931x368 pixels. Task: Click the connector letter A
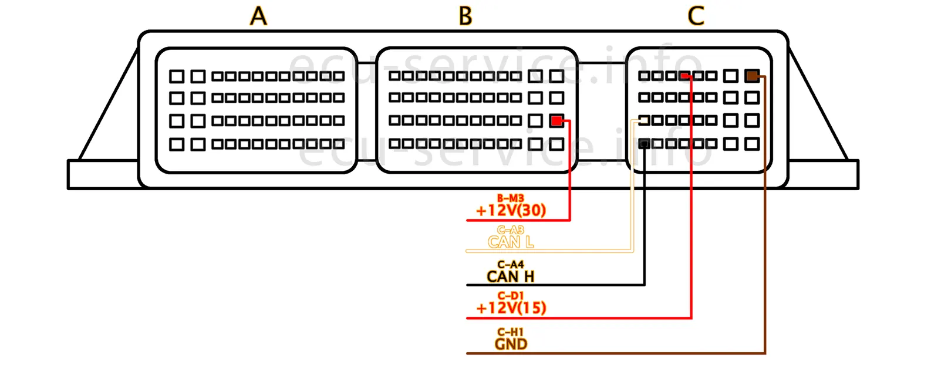click(258, 16)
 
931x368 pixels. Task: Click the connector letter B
click(465, 16)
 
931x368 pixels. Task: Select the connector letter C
click(696, 16)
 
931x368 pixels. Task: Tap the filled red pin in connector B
click(556, 121)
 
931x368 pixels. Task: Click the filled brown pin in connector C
click(752, 76)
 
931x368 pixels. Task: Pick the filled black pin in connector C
click(645, 143)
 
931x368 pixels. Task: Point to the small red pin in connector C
click(684, 76)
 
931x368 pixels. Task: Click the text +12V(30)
click(511, 210)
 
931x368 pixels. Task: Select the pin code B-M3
click(510, 199)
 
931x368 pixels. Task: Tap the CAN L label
click(511, 242)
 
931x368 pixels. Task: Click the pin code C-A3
click(510, 230)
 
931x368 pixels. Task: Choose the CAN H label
click(511, 276)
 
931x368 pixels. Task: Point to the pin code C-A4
click(510, 265)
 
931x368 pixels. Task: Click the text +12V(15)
click(511, 308)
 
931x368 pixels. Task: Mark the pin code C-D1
click(510, 296)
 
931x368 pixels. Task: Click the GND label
click(511, 344)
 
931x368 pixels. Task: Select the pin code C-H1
click(510, 332)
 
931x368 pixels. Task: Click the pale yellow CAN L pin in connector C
click(644, 120)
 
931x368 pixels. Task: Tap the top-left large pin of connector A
click(177, 76)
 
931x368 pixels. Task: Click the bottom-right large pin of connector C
click(752, 144)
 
